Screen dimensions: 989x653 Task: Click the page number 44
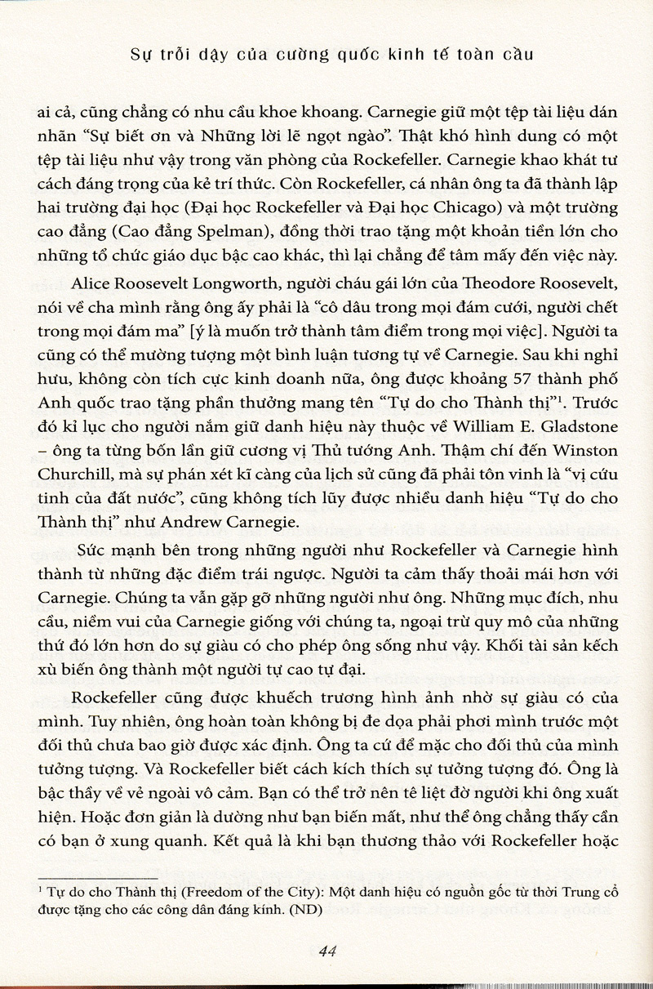coord(327,951)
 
